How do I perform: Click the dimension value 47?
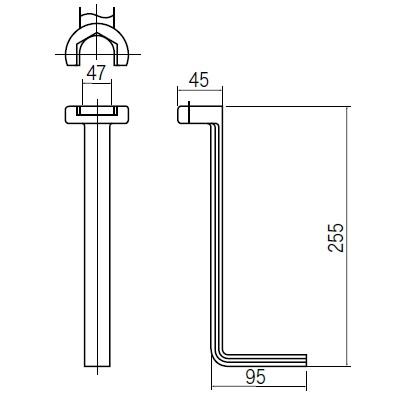97,72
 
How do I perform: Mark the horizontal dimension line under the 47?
97,86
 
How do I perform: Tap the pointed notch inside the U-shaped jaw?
97,38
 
